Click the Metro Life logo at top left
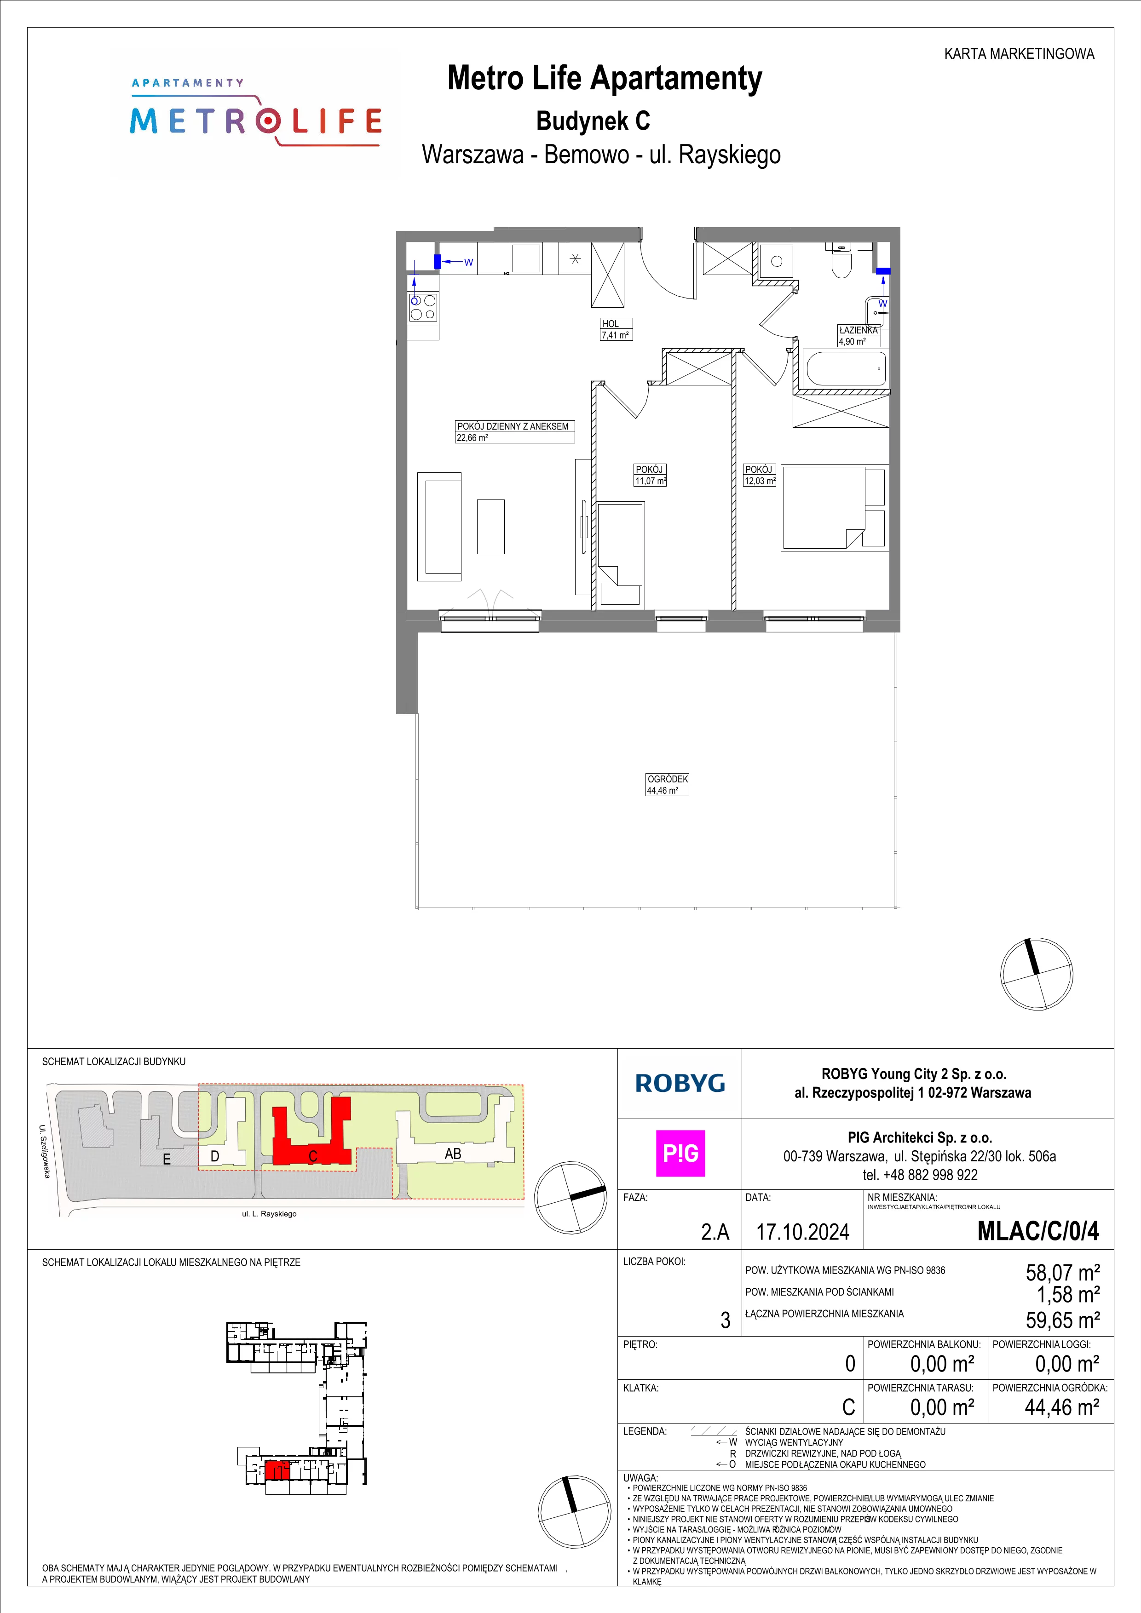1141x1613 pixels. click(256, 112)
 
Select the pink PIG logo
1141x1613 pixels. click(680, 1153)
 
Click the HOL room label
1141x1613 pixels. click(611, 324)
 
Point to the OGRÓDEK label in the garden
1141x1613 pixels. click(668, 779)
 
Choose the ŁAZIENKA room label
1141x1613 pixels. click(858, 329)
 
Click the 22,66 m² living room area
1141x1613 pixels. click(472, 438)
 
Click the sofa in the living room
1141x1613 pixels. click(439, 527)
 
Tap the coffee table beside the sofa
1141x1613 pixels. click(490, 526)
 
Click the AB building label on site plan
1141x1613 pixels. click(453, 1154)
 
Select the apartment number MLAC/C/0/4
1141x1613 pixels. click(1038, 1231)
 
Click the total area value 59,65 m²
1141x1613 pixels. click(1062, 1320)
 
